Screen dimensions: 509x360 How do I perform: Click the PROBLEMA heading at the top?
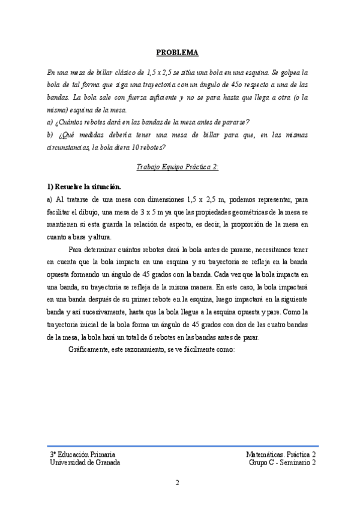pyautogui.click(x=181, y=52)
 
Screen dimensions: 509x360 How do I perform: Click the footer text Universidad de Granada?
pyautogui.click(x=85, y=463)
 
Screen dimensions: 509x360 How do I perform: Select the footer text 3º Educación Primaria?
pyautogui.click(x=82, y=455)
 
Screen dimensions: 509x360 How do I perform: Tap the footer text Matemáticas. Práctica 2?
pyautogui.click(x=281, y=455)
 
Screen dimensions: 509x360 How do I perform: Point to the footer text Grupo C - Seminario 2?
pyautogui.click(x=282, y=463)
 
